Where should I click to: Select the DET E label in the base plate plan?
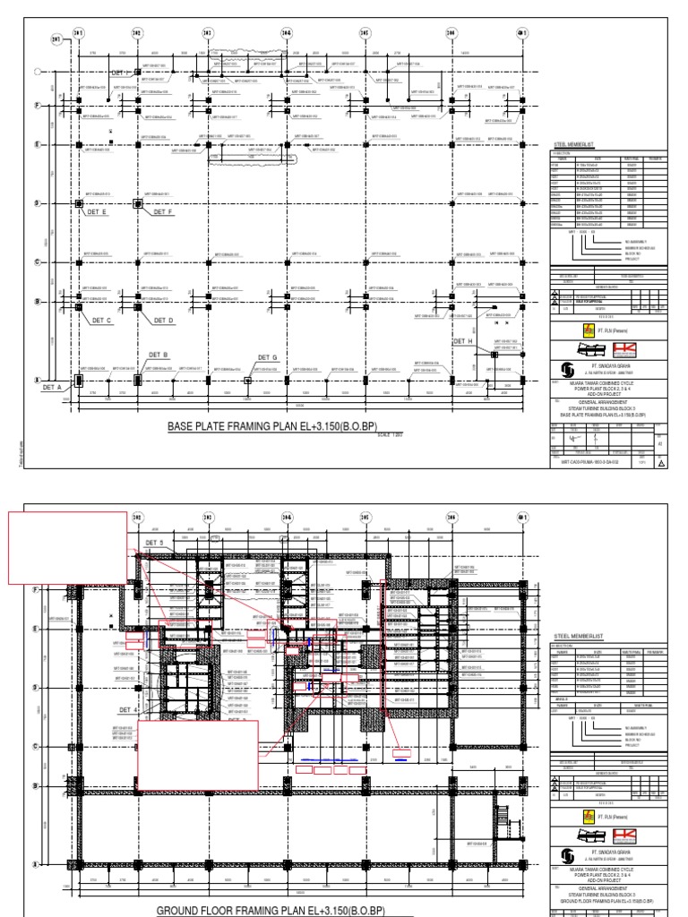[x=98, y=212]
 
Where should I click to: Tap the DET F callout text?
[x=162, y=212]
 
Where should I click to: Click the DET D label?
[x=162, y=320]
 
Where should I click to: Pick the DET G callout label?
[x=268, y=357]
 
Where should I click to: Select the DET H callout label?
[x=462, y=341]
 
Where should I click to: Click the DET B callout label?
[x=146, y=356]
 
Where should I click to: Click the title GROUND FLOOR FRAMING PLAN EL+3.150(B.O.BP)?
[x=270, y=910]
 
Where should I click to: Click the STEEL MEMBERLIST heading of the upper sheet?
[x=580, y=142]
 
